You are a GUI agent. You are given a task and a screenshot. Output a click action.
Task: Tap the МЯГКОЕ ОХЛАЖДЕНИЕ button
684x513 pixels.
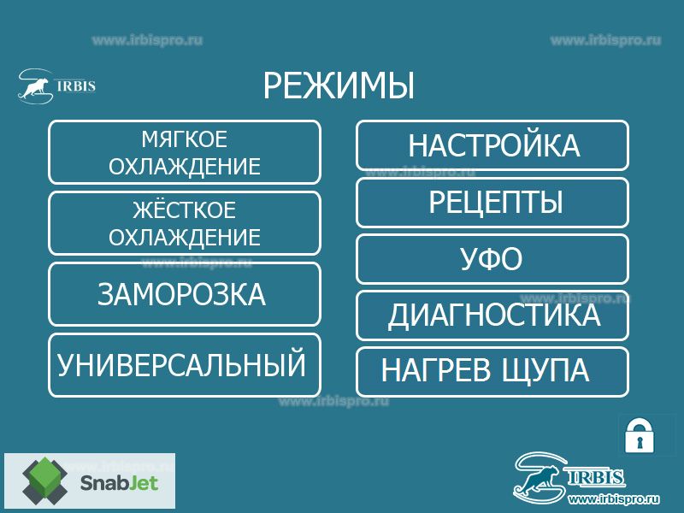coord(185,152)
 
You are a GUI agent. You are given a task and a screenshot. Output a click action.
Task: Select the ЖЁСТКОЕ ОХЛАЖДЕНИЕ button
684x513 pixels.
coord(185,223)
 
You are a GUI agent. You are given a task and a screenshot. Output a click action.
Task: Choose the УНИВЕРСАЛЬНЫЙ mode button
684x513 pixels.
coord(185,365)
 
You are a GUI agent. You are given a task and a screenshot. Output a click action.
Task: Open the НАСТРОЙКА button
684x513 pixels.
coord(492,145)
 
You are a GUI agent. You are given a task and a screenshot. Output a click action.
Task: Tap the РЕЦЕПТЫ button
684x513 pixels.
coord(492,203)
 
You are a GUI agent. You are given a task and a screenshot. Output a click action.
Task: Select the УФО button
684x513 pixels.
coord(492,259)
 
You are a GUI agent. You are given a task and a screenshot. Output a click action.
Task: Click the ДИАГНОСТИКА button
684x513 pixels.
coord(492,315)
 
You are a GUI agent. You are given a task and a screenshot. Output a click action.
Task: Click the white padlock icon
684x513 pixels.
coord(640,436)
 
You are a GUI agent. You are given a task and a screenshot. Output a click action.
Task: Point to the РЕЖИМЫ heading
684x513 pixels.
coord(339,85)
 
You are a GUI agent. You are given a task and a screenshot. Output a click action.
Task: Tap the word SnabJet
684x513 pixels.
coord(119,483)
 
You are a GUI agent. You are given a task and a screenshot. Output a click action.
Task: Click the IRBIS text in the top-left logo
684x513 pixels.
coord(76,85)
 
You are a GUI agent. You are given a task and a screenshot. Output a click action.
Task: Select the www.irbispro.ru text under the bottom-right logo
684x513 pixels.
coord(614,498)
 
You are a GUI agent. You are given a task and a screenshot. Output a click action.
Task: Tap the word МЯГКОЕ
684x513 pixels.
coord(185,139)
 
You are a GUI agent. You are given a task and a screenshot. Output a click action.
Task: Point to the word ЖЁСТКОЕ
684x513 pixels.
coord(185,209)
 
